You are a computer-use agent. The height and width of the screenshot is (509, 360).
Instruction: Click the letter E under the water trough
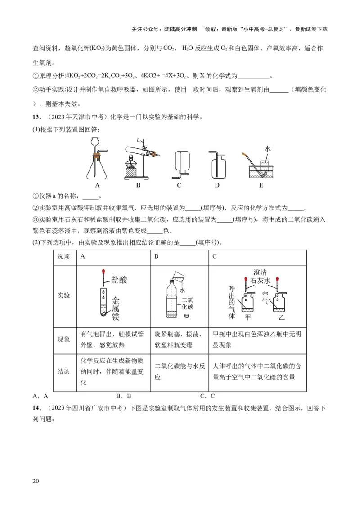261,184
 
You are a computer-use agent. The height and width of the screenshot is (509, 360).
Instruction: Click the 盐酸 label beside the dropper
119,280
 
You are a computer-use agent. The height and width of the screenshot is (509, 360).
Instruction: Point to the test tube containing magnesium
103,303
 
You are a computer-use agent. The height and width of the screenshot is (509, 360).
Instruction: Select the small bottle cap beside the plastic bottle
187,316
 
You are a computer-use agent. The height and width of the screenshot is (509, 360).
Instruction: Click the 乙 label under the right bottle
282,317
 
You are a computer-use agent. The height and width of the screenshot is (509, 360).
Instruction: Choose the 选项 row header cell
64,257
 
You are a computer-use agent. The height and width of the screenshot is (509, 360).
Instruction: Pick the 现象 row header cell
64,339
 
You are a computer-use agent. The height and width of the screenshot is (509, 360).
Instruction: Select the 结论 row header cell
64,372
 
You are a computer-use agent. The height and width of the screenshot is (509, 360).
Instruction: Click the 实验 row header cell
64,295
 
